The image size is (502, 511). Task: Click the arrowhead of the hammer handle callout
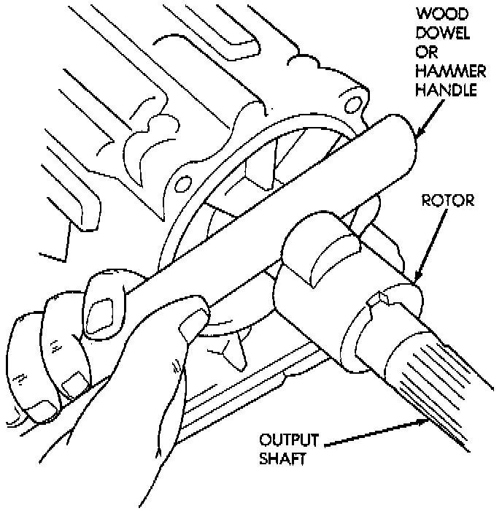(x=417, y=136)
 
